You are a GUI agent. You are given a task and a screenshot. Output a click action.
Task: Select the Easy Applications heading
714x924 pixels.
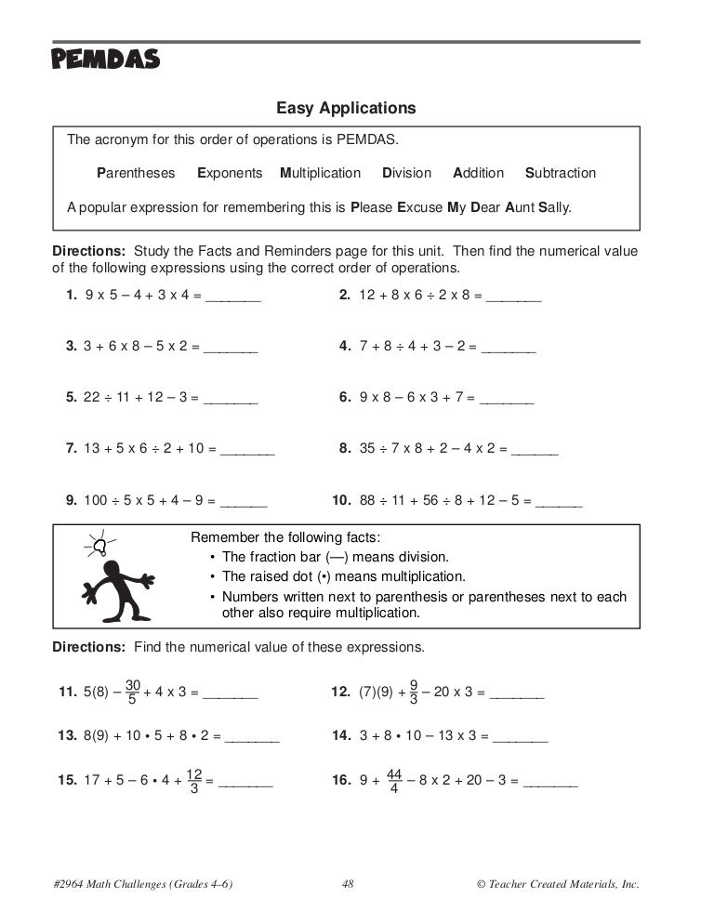pos(346,109)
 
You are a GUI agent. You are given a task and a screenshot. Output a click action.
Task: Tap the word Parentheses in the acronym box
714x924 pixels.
pos(136,173)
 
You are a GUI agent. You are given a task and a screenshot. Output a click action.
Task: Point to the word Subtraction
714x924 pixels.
pos(561,173)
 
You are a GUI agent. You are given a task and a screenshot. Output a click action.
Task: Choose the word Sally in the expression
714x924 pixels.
pos(555,206)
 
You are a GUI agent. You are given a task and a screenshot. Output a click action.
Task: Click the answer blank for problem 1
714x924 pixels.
pos(232,299)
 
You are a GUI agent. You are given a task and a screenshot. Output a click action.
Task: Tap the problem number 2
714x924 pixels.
pos(344,296)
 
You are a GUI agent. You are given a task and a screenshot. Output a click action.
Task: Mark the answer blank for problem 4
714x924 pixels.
pos(509,350)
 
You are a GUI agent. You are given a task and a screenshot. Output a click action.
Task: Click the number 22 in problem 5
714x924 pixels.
pos(91,397)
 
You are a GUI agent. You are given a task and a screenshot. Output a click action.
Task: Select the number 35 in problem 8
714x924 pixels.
pos(367,447)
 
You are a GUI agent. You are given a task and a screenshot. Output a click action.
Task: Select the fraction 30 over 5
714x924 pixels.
pos(132,692)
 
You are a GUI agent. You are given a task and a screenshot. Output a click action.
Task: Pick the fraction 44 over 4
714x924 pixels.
pos(393,781)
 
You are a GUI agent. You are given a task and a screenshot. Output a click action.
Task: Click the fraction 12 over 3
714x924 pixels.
pos(194,782)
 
